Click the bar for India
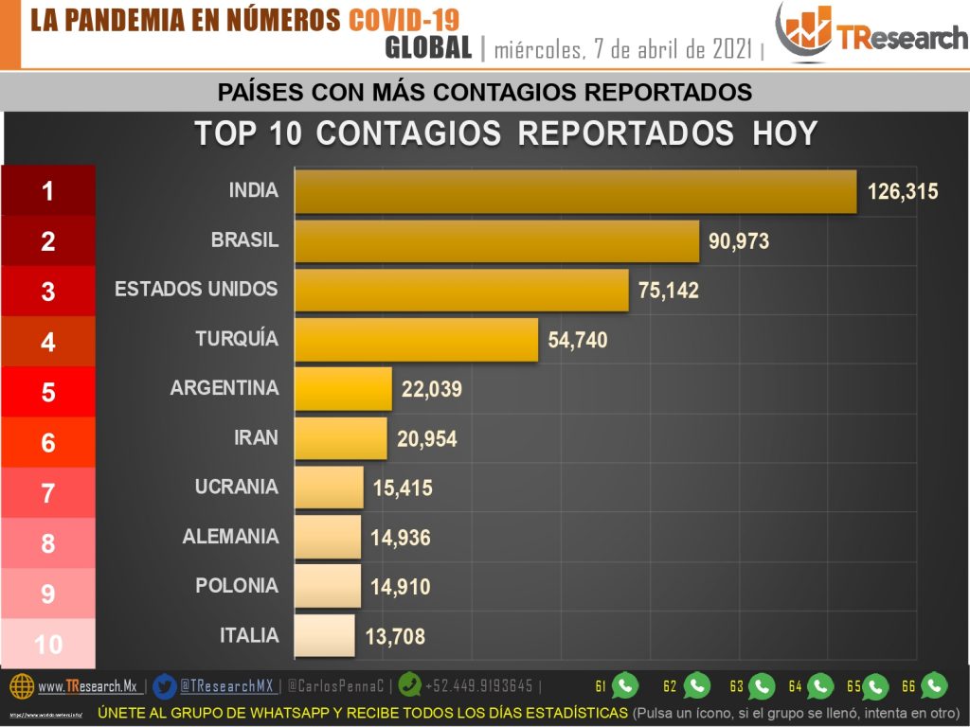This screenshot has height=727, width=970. [575, 191]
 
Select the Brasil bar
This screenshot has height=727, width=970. [496, 241]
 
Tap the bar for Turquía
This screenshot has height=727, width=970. [416, 339]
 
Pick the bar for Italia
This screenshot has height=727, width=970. [325, 636]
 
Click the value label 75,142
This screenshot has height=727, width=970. [669, 291]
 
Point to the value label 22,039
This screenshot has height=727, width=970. [432, 390]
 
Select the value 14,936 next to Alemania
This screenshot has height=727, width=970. [401, 539]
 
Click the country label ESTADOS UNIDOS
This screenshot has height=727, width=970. [196, 289]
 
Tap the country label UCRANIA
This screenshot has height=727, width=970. [237, 488]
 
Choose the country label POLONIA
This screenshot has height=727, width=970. [237, 586]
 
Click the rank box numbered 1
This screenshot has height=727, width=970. [48, 191]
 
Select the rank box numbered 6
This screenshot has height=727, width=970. [48, 442]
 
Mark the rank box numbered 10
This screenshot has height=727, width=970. [48, 645]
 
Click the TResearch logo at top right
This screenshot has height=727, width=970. [871, 34]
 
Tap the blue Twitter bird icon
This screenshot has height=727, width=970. [164, 686]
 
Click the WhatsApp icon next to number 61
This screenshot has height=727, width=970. [624, 685]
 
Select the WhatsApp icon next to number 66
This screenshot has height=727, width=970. [934, 685]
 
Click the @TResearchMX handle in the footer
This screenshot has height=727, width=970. [226, 686]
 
